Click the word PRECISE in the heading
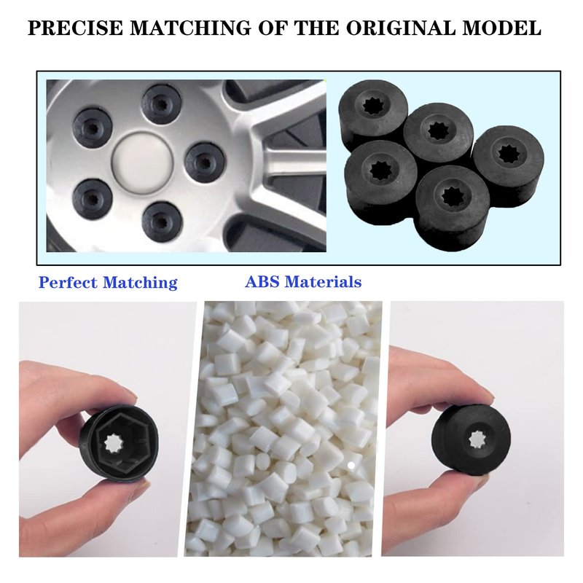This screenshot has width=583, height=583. [75, 28]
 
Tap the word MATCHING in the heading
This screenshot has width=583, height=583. [190, 28]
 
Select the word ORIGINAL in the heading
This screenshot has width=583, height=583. [401, 28]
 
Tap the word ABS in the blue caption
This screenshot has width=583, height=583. [262, 281]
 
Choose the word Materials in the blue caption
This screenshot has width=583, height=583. [322, 281]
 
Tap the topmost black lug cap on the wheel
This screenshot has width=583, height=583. [162, 103]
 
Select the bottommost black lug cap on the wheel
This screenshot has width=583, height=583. [162, 222]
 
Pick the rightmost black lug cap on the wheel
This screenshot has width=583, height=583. [206, 162]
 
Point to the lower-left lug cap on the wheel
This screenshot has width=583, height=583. [93, 199]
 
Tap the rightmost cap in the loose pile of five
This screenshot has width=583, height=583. [509, 163]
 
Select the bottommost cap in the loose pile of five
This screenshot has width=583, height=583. [452, 208]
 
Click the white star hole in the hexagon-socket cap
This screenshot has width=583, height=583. [112, 442]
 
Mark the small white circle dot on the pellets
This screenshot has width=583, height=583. [351, 465]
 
